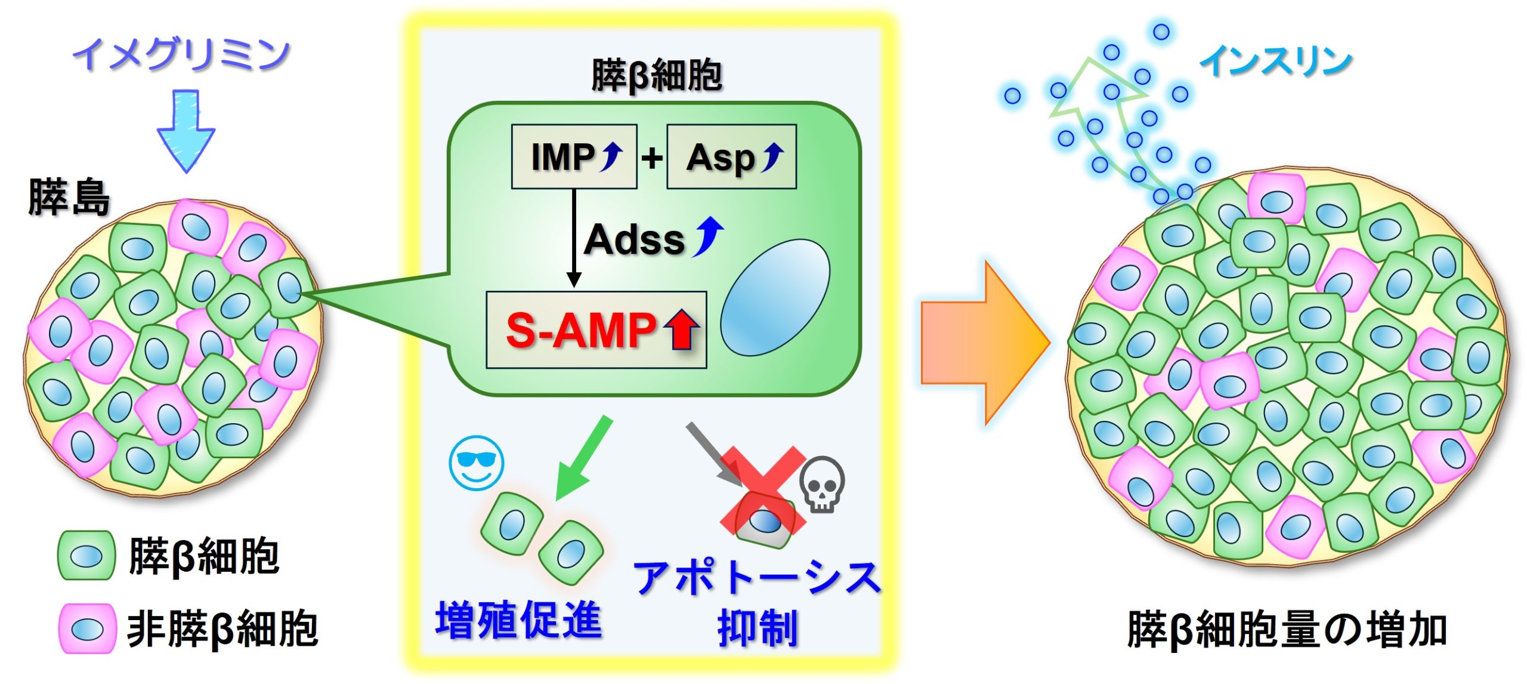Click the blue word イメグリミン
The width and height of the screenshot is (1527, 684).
[x=181, y=54]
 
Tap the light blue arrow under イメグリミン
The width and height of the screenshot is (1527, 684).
[x=186, y=131]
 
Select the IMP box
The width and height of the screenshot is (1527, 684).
[x=574, y=156]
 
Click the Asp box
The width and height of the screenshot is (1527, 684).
[x=731, y=156]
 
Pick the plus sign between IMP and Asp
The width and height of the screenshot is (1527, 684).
[x=652, y=158]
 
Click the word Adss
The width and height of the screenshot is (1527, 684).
[x=635, y=240]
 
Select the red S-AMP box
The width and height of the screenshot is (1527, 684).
[x=596, y=329]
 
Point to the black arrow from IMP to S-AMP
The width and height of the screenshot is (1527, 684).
[x=574, y=239]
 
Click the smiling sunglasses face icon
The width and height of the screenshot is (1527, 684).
[x=476, y=463]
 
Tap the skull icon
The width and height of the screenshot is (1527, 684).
[x=821, y=484]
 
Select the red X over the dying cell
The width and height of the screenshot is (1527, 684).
[x=763, y=489]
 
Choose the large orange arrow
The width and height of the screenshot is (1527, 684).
[x=985, y=343]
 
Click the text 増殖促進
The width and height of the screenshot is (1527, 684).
[x=518, y=620]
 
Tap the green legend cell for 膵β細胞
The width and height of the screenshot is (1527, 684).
[x=86, y=555]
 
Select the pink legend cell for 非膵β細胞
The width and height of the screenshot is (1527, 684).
[x=87, y=628]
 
